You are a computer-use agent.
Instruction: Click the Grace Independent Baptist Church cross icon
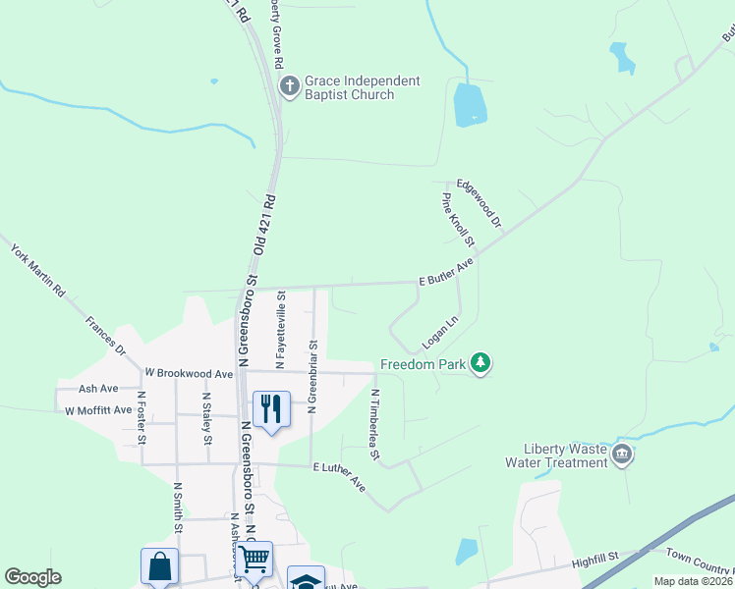(x=290, y=87)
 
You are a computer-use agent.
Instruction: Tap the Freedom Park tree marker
(x=481, y=364)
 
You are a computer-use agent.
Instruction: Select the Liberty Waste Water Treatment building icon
(x=622, y=455)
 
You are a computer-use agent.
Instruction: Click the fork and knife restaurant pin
(x=271, y=407)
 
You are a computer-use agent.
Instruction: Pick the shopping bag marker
(x=159, y=566)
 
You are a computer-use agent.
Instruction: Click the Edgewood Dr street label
(x=479, y=204)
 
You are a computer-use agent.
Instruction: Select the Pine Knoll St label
(x=458, y=219)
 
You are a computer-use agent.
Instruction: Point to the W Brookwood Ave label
(x=189, y=374)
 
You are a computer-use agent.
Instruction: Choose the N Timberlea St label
(x=374, y=424)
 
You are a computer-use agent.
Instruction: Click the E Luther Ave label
(x=339, y=478)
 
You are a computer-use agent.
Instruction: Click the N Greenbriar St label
(x=312, y=376)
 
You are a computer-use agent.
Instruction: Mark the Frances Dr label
(x=105, y=335)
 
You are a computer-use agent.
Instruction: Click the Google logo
(x=32, y=577)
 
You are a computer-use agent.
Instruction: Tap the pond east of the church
(x=470, y=104)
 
